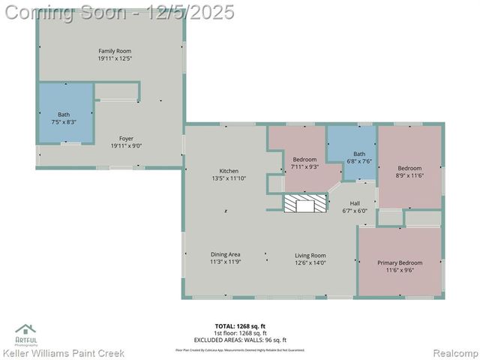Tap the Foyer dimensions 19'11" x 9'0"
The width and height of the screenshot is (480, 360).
127,147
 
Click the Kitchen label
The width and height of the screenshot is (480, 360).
229,170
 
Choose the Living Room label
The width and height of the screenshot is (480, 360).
310,255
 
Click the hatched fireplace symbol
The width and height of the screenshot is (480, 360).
305,204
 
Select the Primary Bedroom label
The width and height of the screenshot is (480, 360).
399,262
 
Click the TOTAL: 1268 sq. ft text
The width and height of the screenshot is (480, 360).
240,325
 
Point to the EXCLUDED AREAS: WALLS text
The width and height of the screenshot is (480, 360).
240,338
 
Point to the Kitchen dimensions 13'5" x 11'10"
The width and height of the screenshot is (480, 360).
229,178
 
